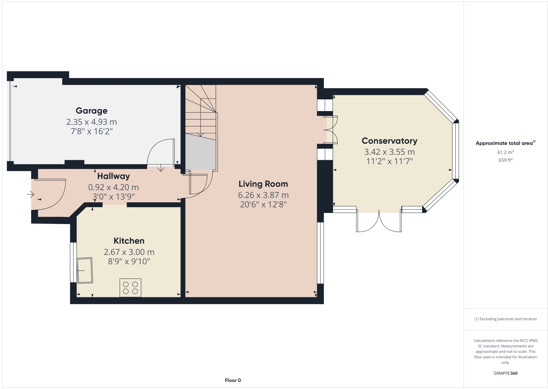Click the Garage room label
coord(92,111)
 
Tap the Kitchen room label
coord(129,241)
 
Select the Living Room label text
coord(263,184)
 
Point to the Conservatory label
coord(389,141)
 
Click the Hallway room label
coord(114,176)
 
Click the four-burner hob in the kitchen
coord(130,288)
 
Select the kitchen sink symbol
coord(85,271)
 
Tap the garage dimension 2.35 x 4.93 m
coord(92,122)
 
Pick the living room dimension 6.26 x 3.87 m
coord(263,195)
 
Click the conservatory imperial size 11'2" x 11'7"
coord(389,161)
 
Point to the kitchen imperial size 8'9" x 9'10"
coord(129,261)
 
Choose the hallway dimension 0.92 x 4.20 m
coord(114,187)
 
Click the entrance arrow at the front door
coord(30,194)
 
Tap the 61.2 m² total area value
coord(505,153)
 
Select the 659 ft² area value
coord(505,160)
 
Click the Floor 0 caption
coord(233,380)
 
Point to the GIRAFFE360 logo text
coord(505,373)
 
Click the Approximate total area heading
coord(505,143)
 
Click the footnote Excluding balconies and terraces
coord(505,319)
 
